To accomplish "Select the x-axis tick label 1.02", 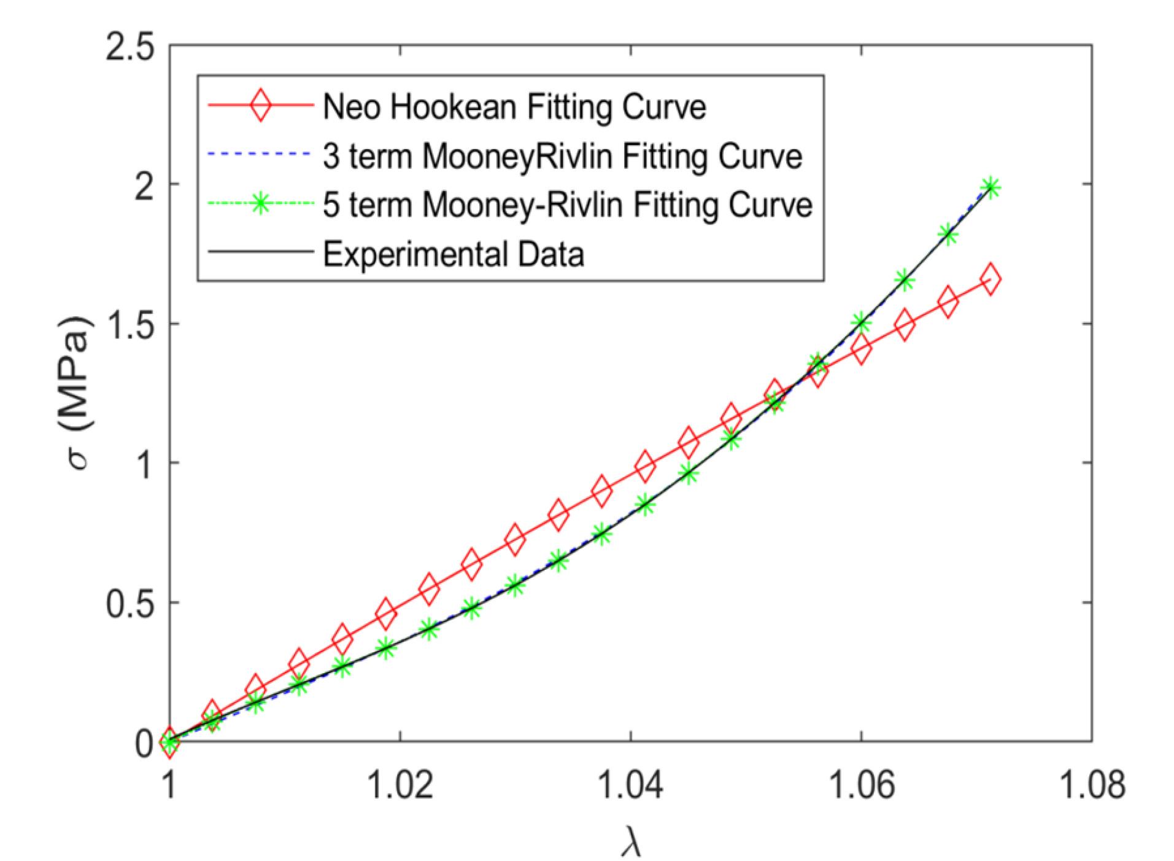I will pyautogui.click(x=400, y=786).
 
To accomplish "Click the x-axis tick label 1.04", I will pyautogui.click(x=631, y=786).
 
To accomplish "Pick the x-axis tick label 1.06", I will pyautogui.click(x=861, y=786).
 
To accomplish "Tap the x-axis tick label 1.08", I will pyautogui.click(x=1092, y=786).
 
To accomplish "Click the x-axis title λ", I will pyautogui.click(x=630, y=840).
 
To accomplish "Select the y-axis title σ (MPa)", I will pyautogui.click(x=80, y=393).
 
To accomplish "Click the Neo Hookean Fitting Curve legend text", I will pyautogui.click(x=514, y=108).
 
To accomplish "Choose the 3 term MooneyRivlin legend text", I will pyautogui.click(x=562, y=157).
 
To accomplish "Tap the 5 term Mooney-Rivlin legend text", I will pyautogui.click(x=568, y=205).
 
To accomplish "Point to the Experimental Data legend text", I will pyautogui.click(x=454, y=253).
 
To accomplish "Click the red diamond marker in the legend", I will pyautogui.click(x=260, y=108).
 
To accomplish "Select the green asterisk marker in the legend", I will pyautogui.click(x=260, y=205).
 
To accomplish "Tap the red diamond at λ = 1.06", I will pyautogui.click(x=861, y=349).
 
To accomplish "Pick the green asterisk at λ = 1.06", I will pyautogui.click(x=861, y=323).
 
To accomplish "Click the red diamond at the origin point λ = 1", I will pyautogui.click(x=170, y=741).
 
